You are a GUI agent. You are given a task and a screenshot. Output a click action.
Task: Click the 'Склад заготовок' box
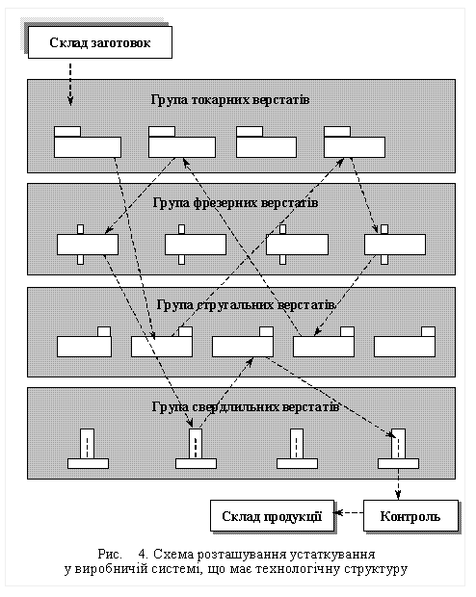[100, 42]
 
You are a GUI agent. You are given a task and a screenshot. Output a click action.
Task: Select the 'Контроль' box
[410, 515]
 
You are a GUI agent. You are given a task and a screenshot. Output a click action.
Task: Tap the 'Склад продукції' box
[272, 515]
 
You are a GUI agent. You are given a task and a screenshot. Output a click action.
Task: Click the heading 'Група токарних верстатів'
[230, 100]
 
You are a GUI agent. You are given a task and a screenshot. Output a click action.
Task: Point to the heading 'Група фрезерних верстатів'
[235, 202]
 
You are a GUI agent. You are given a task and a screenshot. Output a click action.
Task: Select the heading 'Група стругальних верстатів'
[247, 305]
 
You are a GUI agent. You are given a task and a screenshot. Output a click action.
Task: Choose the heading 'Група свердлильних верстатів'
[246, 406]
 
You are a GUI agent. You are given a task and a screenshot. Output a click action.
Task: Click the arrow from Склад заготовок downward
[70, 84]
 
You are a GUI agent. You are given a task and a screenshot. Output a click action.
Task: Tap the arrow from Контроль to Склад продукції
[349, 513]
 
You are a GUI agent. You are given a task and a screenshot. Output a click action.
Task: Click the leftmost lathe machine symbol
[88, 142]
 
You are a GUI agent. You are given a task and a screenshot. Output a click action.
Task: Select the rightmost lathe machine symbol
[355, 142]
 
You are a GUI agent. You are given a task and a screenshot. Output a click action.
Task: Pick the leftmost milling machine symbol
[88, 245]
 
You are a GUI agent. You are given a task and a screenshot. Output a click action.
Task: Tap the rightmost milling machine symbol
[395, 245]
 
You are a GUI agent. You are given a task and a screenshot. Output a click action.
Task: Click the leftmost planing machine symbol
[84, 342]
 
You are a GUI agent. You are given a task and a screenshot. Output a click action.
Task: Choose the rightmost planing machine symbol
[405, 342]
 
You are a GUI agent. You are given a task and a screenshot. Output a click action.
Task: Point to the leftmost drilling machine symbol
[88, 450]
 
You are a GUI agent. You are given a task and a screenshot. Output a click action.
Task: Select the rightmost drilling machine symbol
[398, 450]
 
